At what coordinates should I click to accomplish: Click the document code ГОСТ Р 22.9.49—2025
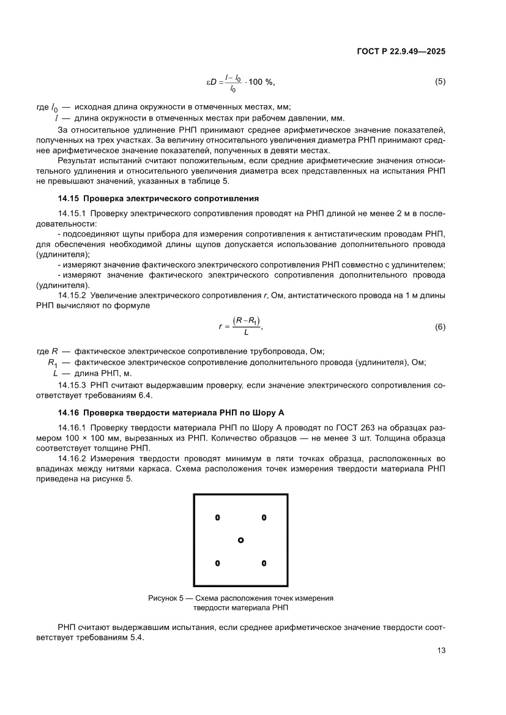point(401,52)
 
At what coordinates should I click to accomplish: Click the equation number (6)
point(439,327)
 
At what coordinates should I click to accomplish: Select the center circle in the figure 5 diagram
point(240,540)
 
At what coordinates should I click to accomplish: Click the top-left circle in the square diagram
point(217,517)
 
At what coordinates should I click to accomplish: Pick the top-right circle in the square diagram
point(264,517)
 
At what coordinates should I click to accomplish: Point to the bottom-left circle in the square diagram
point(217,563)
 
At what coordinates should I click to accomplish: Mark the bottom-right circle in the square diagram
point(264,563)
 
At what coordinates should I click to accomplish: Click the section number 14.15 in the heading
point(67,198)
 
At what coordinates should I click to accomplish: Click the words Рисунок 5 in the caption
point(166,598)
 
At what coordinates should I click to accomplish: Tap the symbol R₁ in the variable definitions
point(52,363)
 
